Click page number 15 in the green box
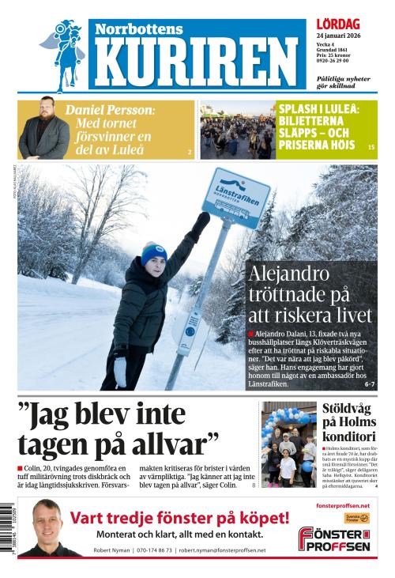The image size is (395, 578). click(371, 148)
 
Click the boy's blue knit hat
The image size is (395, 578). click(154, 252)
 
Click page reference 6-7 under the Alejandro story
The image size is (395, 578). click(369, 383)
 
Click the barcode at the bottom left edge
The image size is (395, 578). click(8, 534)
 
